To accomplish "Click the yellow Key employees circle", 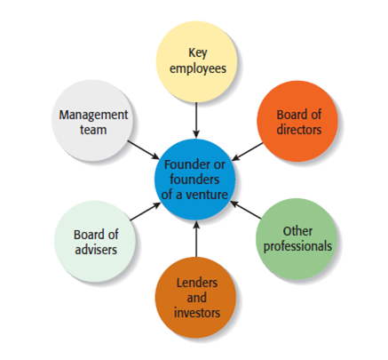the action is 196,62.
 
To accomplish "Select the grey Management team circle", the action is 92,121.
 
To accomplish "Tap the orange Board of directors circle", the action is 297,121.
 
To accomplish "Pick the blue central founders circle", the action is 194,180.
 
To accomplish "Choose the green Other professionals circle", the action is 297,239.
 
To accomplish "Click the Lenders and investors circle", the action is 196,297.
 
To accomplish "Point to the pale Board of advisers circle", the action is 95,241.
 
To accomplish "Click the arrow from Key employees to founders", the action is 196,120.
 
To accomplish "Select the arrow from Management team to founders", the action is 144,150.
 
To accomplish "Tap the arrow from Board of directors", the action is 247,152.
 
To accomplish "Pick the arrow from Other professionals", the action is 246,210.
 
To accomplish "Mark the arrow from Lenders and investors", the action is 196,239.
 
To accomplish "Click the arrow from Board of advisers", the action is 146,212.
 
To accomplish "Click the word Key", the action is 198,53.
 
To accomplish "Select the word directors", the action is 299,130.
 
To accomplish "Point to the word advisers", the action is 96,250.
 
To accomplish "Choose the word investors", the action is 197,313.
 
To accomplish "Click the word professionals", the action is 297,246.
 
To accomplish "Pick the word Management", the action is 93,115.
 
